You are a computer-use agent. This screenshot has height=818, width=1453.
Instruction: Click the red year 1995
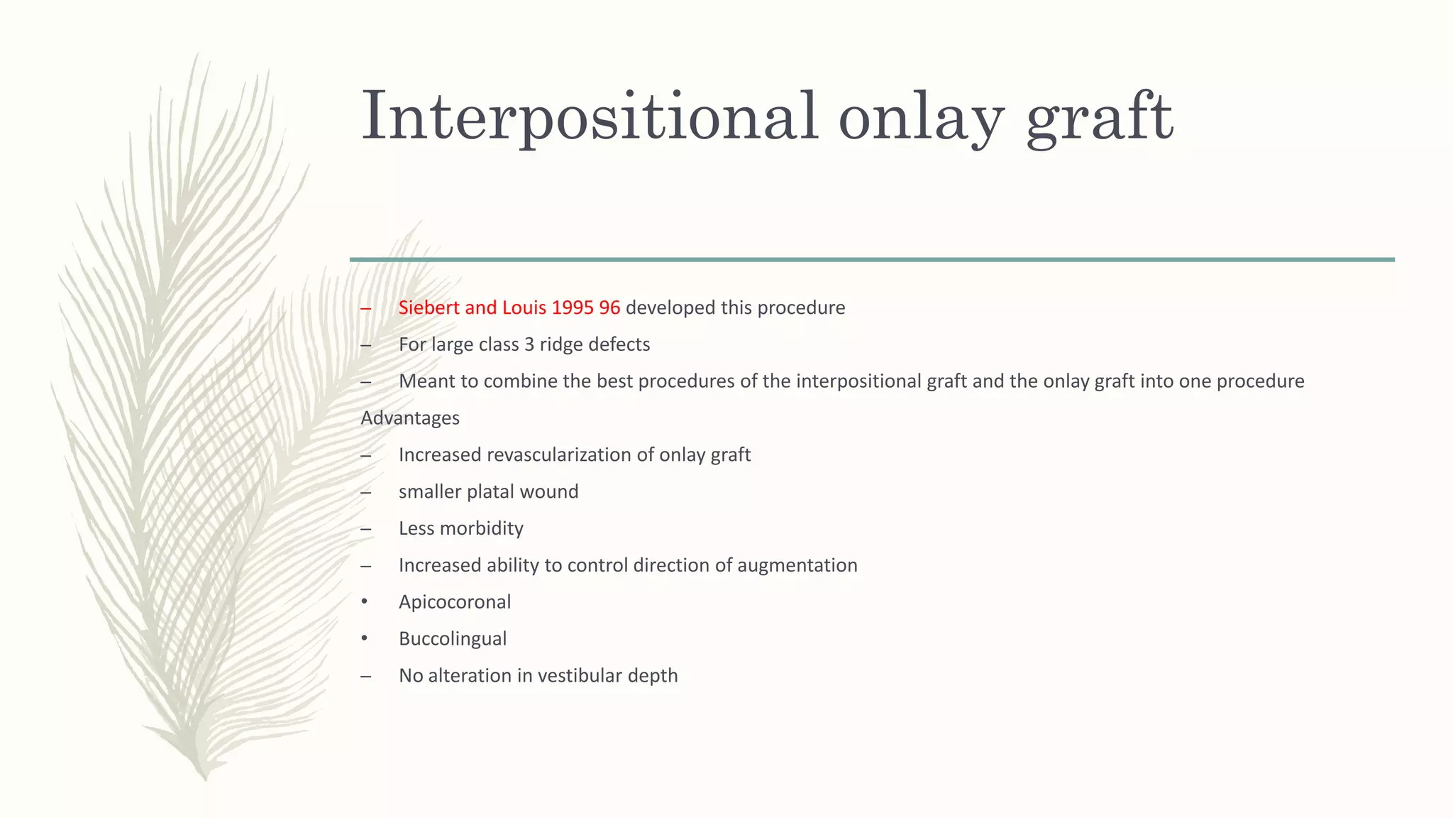(x=573, y=307)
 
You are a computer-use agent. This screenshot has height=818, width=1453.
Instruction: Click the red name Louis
(x=524, y=307)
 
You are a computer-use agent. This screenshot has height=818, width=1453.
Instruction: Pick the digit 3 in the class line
(x=529, y=344)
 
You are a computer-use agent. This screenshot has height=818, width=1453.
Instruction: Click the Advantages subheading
(x=410, y=418)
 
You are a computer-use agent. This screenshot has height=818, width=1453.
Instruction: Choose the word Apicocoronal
(x=455, y=602)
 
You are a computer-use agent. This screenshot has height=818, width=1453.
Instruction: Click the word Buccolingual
(x=453, y=638)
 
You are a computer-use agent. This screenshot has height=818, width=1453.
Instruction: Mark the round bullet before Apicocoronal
(x=365, y=602)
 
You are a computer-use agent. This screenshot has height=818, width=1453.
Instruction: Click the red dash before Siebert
(x=365, y=308)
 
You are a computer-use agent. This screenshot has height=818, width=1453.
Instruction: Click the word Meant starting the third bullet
(x=426, y=381)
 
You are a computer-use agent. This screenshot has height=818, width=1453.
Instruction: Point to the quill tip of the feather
(x=205, y=778)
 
